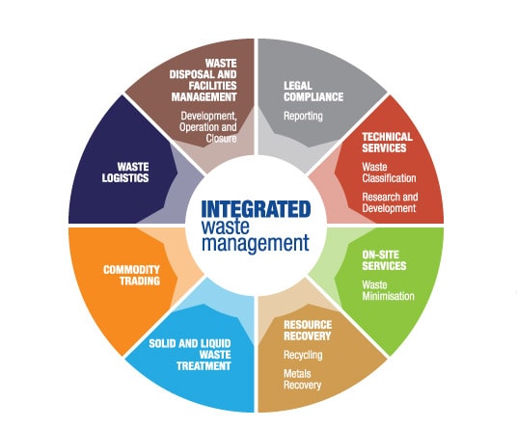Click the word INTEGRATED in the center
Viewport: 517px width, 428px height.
(x=256, y=209)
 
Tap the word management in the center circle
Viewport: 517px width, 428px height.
(x=256, y=244)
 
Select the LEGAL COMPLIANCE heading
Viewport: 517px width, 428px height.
(x=313, y=92)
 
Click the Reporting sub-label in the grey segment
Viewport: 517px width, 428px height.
(x=303, y=116)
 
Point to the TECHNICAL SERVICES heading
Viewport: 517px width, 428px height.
(x=387, y=143)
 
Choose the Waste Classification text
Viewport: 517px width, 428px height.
(x=389, y=173)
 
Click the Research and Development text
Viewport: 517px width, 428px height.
(x=390, y=202)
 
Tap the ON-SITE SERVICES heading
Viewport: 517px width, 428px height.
(x=384, y=260)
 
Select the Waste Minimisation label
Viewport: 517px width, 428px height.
(x=388, y=290)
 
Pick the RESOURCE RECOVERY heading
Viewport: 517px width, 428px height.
(x=308, y=331)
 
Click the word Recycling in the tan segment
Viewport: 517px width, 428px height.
(x=303, y=355)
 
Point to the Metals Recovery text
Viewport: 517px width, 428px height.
(x=302, y=379)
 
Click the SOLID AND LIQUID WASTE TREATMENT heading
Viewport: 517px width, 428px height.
(x=190, y=355)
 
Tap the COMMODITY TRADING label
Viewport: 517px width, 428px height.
(x=131, y=275)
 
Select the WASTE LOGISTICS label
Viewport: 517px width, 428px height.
(x=125, y=173)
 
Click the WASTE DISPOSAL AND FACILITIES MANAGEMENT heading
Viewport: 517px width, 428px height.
(x=204, y=80)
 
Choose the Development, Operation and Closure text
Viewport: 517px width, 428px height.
(x=208, y=127)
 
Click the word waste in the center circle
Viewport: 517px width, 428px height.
(x=225, y=227)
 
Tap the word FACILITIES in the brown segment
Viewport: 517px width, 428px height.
(x=212, y=86)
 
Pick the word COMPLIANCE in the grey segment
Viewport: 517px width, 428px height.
(x=313, y=96)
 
